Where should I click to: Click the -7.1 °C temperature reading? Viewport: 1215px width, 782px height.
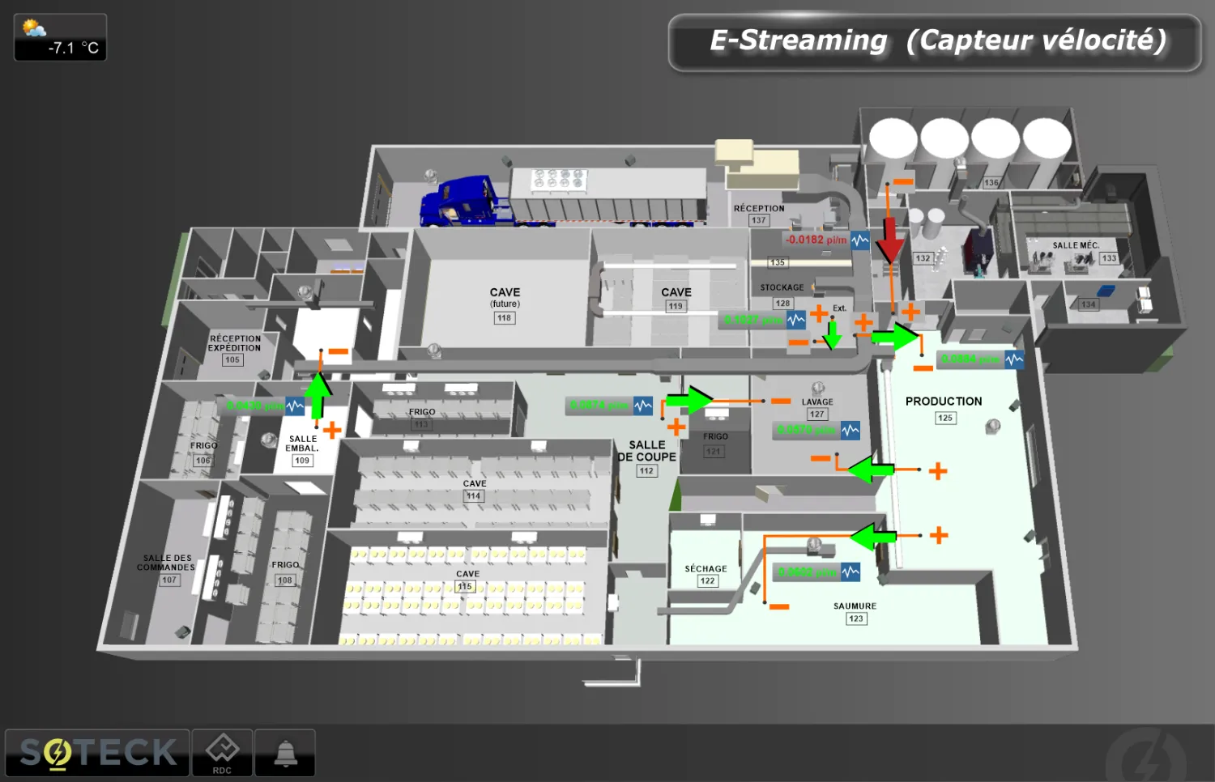73,49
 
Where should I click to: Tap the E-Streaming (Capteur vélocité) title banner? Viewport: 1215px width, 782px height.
936,40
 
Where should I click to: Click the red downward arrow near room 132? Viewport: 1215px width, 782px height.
889,240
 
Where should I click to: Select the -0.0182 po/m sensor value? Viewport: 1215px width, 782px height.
816,240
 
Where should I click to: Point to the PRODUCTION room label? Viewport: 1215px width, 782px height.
944,401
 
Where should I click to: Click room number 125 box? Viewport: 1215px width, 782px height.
945,418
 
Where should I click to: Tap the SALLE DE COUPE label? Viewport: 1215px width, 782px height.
646,451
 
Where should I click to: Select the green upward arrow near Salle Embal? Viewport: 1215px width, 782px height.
318,393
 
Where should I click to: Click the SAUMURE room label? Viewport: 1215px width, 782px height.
855,606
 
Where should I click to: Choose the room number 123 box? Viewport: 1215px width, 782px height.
856,618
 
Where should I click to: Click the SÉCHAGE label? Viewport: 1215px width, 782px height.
706,568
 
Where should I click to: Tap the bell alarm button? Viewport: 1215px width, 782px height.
285,753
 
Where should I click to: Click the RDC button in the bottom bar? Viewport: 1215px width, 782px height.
222,753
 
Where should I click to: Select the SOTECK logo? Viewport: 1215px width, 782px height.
98,753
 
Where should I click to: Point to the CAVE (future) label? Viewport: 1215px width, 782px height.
505,296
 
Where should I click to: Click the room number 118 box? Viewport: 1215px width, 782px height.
504,318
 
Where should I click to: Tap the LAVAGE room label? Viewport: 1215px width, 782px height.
817,402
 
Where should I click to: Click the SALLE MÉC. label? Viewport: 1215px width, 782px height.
1076,245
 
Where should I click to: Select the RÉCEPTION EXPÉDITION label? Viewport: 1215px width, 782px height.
235,343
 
